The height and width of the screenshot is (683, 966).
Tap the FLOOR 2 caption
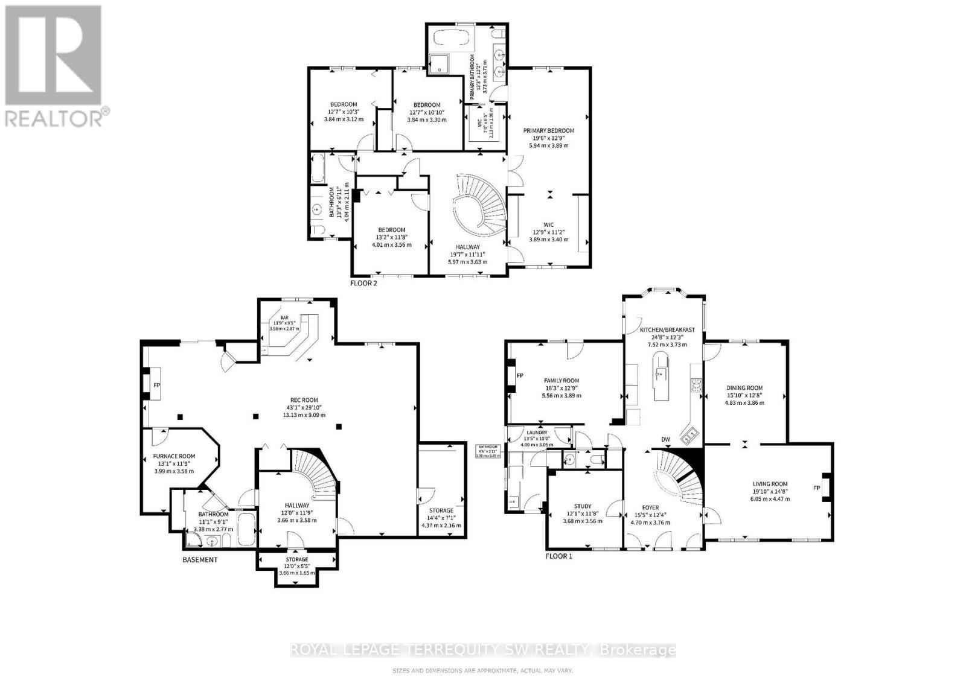(x=363, y=282)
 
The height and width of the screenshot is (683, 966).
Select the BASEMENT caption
(x=200, y=559)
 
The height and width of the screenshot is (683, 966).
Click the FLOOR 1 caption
(x=558, y=556)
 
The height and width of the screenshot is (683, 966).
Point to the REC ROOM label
(x=306, y=399)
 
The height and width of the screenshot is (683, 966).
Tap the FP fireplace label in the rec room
(x=156, y=384)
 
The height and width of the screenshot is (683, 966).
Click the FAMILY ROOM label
(x=561, y=381)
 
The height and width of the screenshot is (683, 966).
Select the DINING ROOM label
(x=744, y=388)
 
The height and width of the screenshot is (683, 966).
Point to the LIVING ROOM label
(x=770, y=484)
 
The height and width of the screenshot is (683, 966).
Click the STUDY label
(x=583, y=506)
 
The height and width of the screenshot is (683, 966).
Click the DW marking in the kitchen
(x=666, y=439)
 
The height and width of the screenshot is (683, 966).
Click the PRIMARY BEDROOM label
(x=548, y=130)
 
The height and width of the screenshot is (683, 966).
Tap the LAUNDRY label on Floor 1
(x=537, y=433)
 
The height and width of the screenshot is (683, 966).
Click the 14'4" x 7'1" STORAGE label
(x=441, y=510)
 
